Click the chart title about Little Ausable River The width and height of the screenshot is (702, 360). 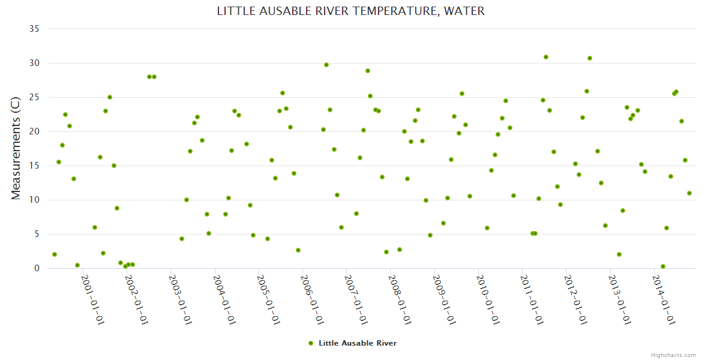[350, 11]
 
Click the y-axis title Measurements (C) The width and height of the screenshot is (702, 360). [16, 148]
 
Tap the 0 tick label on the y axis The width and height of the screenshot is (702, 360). [36, 268]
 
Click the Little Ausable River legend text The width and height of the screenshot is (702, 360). [358, 343]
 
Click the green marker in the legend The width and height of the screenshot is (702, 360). [310, 343]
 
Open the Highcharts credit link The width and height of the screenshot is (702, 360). [673, 355]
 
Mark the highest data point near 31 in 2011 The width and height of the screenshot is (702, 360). [546, 57]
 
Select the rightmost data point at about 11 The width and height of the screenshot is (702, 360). [689, 193]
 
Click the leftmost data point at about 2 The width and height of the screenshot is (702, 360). [55, 254]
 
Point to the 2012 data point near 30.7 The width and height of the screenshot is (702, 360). [590, 58]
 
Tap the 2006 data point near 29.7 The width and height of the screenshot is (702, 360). [326, 65]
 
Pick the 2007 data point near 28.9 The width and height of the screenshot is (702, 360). [368, 71]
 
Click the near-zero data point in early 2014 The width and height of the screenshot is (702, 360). [663, 266]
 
